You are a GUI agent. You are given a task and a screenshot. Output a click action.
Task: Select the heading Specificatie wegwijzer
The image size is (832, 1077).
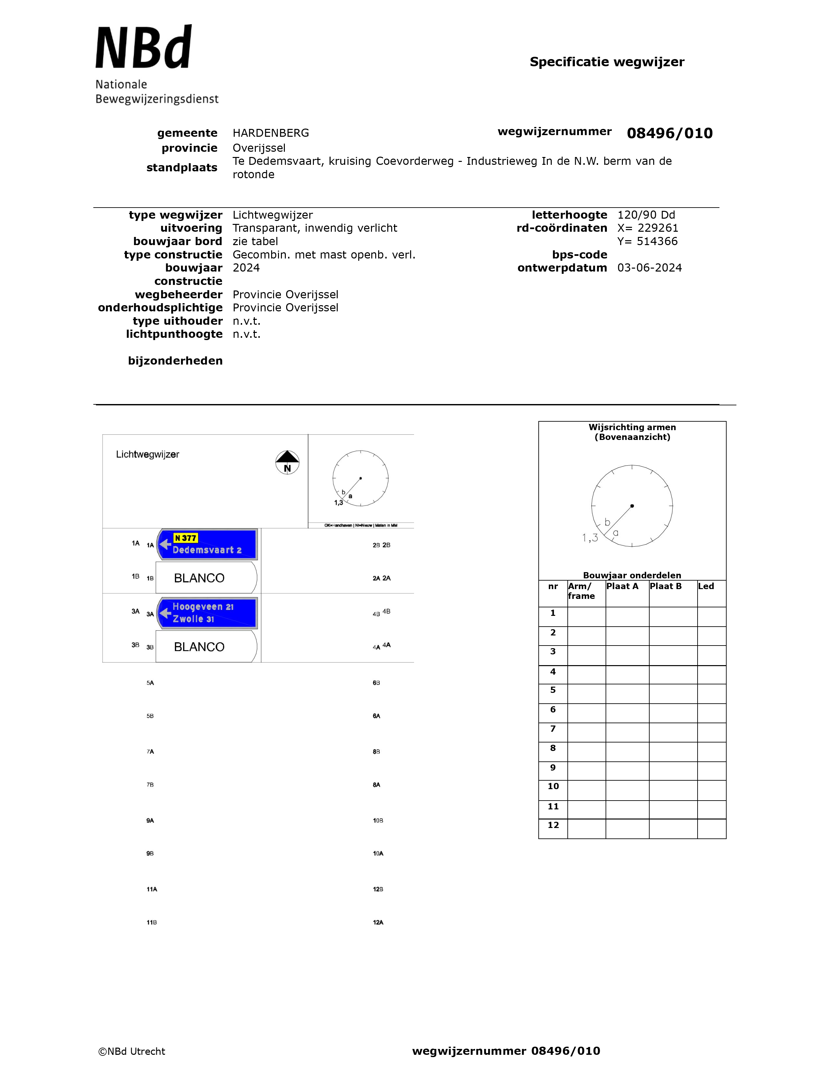coord(607,62)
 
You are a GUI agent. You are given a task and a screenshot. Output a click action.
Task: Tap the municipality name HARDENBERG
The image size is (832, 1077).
coord(270,133)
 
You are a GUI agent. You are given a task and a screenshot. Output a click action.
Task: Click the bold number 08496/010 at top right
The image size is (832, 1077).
coord(669,133)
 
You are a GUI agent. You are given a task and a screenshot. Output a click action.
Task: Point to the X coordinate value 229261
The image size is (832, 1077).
coord(657,228)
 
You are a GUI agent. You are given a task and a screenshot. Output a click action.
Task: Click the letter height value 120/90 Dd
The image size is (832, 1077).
coord(646,215)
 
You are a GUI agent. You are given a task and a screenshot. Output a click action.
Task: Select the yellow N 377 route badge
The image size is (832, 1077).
coord(185,538)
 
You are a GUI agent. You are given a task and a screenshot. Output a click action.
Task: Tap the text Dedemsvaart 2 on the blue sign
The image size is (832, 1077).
coord(207,550)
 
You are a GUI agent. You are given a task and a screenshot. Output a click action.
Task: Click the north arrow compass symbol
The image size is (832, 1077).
coord(287,462)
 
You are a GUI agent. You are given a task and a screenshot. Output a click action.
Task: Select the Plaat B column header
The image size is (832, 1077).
coord(665,586)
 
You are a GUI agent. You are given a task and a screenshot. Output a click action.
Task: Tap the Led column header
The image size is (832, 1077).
coord(706,586)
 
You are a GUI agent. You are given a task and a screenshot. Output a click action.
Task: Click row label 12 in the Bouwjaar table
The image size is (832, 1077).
coord(553,825)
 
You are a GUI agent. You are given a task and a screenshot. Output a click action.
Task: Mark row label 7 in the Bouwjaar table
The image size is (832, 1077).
coord(553,729)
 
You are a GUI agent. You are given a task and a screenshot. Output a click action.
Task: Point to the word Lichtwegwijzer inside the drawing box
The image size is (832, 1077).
coord(147,455)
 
